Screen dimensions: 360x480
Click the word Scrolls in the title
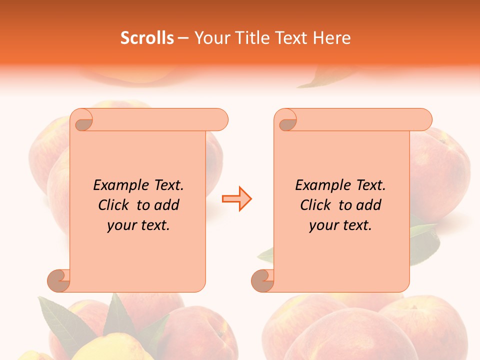point(147,38)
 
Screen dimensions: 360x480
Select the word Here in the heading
point(331,38)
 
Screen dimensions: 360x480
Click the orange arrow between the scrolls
point(236,199)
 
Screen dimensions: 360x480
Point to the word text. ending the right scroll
point(356,225)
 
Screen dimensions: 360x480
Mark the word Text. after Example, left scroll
point(166,185)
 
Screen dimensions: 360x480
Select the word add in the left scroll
point(167,205)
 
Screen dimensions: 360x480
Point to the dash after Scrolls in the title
point(183,38)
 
